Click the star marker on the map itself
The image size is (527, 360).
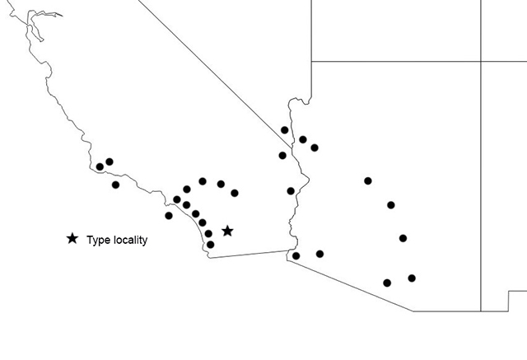coord(227,231)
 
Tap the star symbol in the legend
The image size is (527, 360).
coord(72,239)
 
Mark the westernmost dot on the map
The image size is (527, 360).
coord(100,167)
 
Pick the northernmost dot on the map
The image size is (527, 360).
coord(284,130)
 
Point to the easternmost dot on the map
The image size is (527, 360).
coord(412,278)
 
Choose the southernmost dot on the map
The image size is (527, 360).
coord(387,283)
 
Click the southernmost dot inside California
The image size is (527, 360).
coord(210,244)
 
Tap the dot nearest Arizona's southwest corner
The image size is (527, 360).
coord(296,255)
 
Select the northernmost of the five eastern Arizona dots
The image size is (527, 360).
coord(368,180)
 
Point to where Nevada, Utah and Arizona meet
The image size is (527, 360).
coord(310,100)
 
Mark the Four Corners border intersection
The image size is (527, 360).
coord(481,61)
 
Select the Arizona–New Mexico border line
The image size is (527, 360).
coord(481,181)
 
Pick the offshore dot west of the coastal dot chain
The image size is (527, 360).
coord(169,216)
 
